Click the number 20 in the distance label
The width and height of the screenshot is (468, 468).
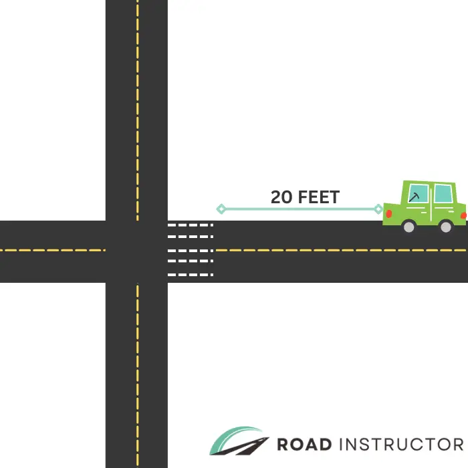pyautogui.click(x=281, y=197)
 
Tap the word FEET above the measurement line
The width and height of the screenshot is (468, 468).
pyautogui.click(x=319, y=197)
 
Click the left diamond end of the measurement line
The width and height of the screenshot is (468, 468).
pyautogui.click(x=221, y=209)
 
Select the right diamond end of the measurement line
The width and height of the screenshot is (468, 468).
pyautogui.click(x=378, y=209)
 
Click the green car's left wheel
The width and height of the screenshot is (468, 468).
pyautogui.click(x=409, y=227)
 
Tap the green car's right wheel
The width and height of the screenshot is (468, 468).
pyautogui.click(x=446, y=227)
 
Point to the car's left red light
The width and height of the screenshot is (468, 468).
pyautogui.click(x=389, y=214)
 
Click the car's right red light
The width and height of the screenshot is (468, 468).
pyautogui.click(x=463, y=215)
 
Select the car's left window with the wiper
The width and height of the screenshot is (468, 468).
pyautogui.click(x=419, y=193)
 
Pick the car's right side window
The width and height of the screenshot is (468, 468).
pyautogui.click(x=443, y=193)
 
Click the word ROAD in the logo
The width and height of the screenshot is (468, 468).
pyautogui.click(x=304, y=445)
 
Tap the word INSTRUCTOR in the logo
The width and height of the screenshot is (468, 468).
pyautogui.click(x=401, y=445)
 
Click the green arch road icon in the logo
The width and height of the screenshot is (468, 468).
pyautogui.click(x=239, y=441)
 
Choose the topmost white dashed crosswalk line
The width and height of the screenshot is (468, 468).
pyautogui.click(x=191, y=225)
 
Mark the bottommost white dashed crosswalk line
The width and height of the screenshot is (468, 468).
pyautogui.click(x=191, y=275)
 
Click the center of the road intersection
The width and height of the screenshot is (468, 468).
pyautogui.click(x=136, y=251)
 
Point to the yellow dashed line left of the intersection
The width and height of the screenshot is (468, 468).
pyautogui.click(x=53, y=250)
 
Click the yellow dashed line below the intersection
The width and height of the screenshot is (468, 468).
pyautogui.click(x=137, y=376)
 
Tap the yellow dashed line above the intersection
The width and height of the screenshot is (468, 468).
pyautogui.click(x=137, y=110)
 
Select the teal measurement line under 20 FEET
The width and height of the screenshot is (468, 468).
pyautogui.click(x=300, y=209)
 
